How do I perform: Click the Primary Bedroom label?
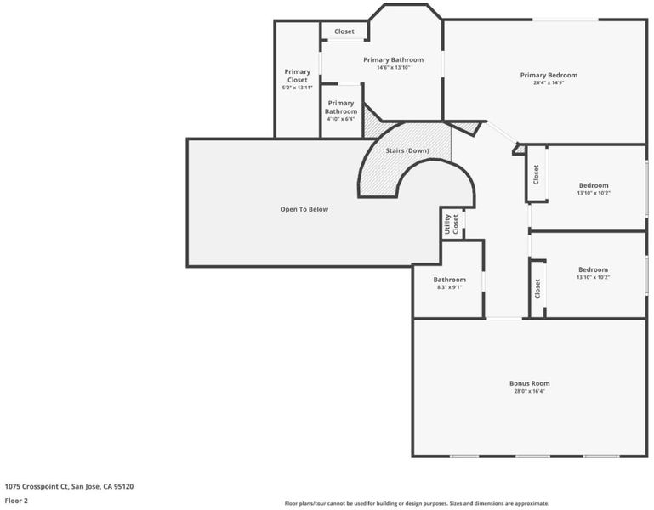click(x=549, y=75)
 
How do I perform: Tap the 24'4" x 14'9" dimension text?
click(x=549, y=82)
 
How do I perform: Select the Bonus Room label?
click(x=529, y=383)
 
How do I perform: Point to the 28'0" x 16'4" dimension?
click(x=529, y=391)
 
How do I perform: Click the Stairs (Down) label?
click(x=407, y=150)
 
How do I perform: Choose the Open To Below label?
click(x=304, y=209)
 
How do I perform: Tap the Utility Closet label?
click(x=452, y=224)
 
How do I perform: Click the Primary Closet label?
click(x=298, y=76)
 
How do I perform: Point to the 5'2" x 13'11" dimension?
click(x=298, y=88)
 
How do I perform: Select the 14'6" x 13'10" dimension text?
click(x=393, y=67)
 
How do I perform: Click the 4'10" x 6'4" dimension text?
click(x=341, y=119)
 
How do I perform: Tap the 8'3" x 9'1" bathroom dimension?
click(x=450, y=287)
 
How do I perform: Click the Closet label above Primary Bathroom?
click(x=344, y=31)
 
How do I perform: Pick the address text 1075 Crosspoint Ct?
click(x=36, y=486)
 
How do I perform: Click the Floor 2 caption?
click(x=16, y=501)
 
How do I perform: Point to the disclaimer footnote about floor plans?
click(x=417, y=503)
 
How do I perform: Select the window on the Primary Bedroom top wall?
click(x=566, y=20)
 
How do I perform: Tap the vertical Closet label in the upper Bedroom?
click(x=536, y=174)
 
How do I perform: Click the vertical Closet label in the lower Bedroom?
click(x=537, y=289)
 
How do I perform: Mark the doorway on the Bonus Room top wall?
click(x=504, y=319)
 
